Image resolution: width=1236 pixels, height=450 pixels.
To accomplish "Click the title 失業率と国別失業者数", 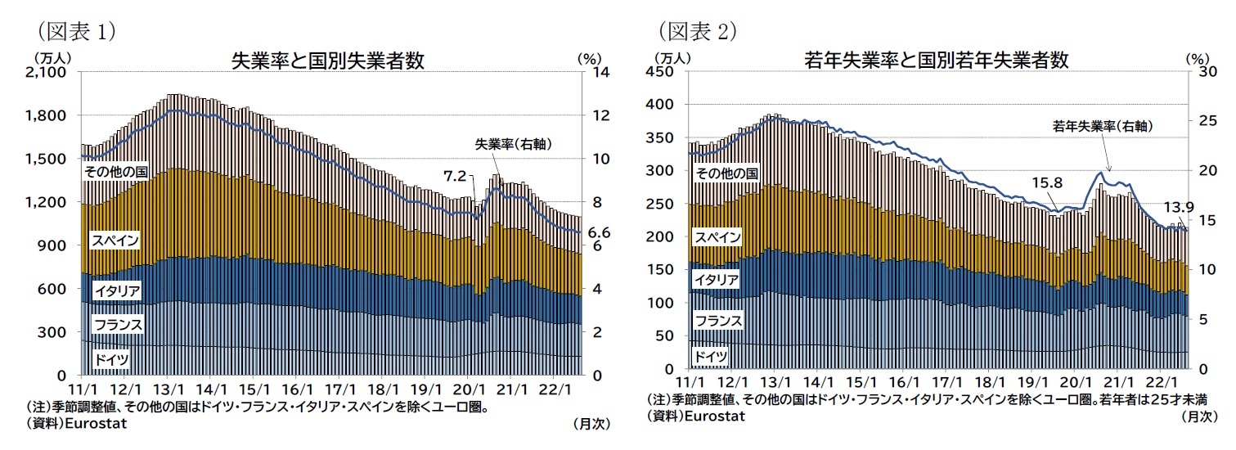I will (x=328, y=61).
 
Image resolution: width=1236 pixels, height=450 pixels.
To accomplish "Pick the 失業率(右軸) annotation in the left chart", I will (x=513, y=144).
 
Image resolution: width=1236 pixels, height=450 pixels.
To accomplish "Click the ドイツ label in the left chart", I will (x=110, y=359).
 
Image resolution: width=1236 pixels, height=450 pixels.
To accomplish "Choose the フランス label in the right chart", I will (x=718, y=320).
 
